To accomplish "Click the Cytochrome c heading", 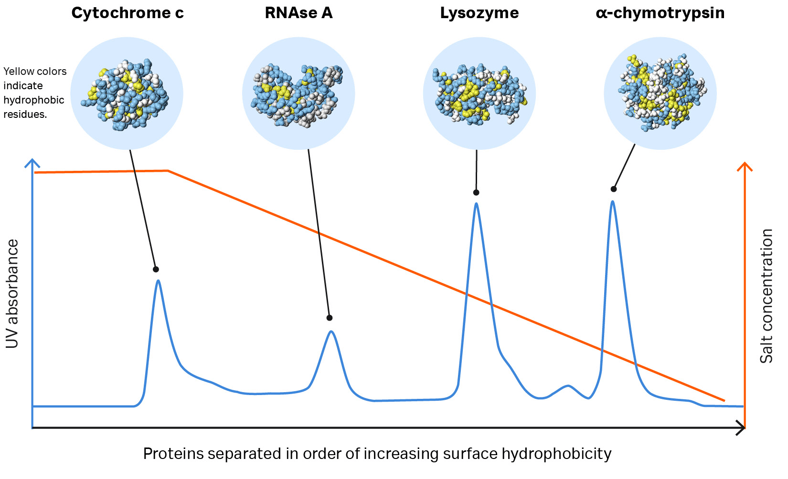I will point(127,13).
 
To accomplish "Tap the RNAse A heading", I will point(298,13).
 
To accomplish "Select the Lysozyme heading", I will point(479,13).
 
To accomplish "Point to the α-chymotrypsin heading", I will point(660,13).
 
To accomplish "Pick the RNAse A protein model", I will point(298,94).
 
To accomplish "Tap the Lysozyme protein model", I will point(479,94).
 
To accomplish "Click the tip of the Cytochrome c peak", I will point(158,281).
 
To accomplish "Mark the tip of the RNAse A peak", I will point(331,331).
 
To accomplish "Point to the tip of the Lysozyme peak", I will point(476,204).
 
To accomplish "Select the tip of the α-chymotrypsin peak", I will point(612,201).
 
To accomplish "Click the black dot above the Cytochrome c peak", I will point(156,270).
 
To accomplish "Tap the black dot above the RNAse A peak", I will point(330,318).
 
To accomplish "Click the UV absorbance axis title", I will point(12,294).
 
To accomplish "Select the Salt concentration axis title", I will point(767,296).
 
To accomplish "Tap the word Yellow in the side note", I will point(20,72).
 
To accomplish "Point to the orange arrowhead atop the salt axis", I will point(745,167).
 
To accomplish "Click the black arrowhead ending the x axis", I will point(741,427).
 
